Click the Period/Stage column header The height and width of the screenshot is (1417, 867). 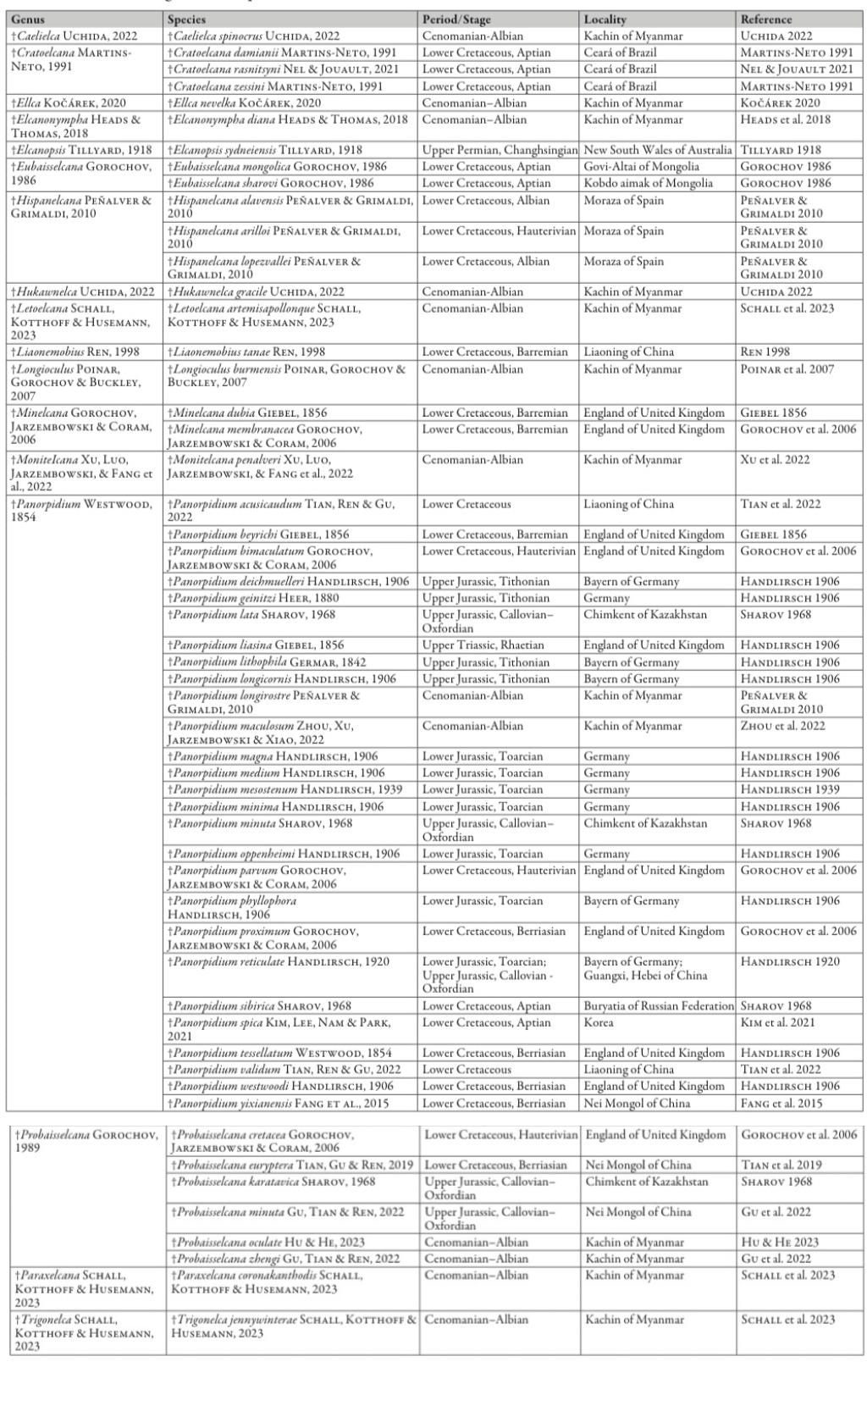coord(456,19)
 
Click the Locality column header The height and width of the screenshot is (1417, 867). coord(605,19)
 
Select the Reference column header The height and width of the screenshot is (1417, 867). coord(766,19)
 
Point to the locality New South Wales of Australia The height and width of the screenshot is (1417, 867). coord(658,150)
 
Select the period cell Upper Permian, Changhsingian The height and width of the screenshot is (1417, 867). coord(500,150)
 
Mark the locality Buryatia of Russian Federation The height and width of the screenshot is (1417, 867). coord(658,1006)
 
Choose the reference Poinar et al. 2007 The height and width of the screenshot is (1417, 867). coord(787,369)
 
